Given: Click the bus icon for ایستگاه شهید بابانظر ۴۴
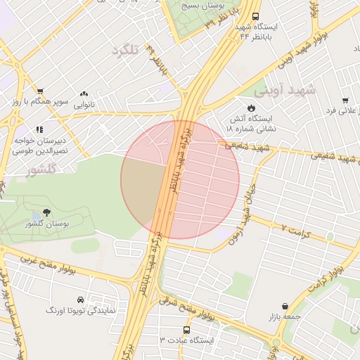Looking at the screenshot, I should tap(255, 15).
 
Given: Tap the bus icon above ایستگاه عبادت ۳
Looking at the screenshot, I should tap(186, 329).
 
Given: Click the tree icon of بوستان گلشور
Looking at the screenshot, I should tap(47, 212).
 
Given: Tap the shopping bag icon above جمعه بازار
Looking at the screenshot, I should tap(285, 307).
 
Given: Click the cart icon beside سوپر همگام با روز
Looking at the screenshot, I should tap(39, 91).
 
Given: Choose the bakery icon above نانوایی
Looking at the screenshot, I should tap(84, 94).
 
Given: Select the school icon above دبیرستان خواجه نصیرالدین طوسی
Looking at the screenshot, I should tap(40, 129).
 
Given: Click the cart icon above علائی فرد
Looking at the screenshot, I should tap(345, 101).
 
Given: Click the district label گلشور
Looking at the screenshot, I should tap(41, 171).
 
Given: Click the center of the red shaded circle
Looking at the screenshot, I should tap(180, 179).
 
